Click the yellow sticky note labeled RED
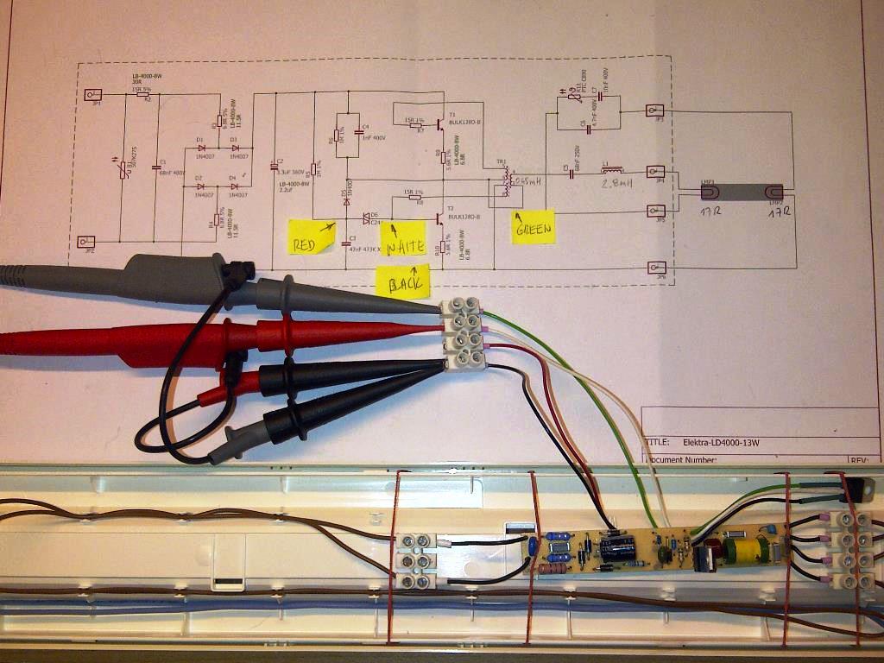pyautogui.click(x=311, y=236)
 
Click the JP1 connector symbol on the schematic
pyautogui.click(x=96, y=95)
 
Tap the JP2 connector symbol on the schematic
pyautogui.click(x=96, y=242)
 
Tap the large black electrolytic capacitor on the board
pyautogui.click(x=619, y=547)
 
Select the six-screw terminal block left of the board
pyautogui.click(x=414, y=561)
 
